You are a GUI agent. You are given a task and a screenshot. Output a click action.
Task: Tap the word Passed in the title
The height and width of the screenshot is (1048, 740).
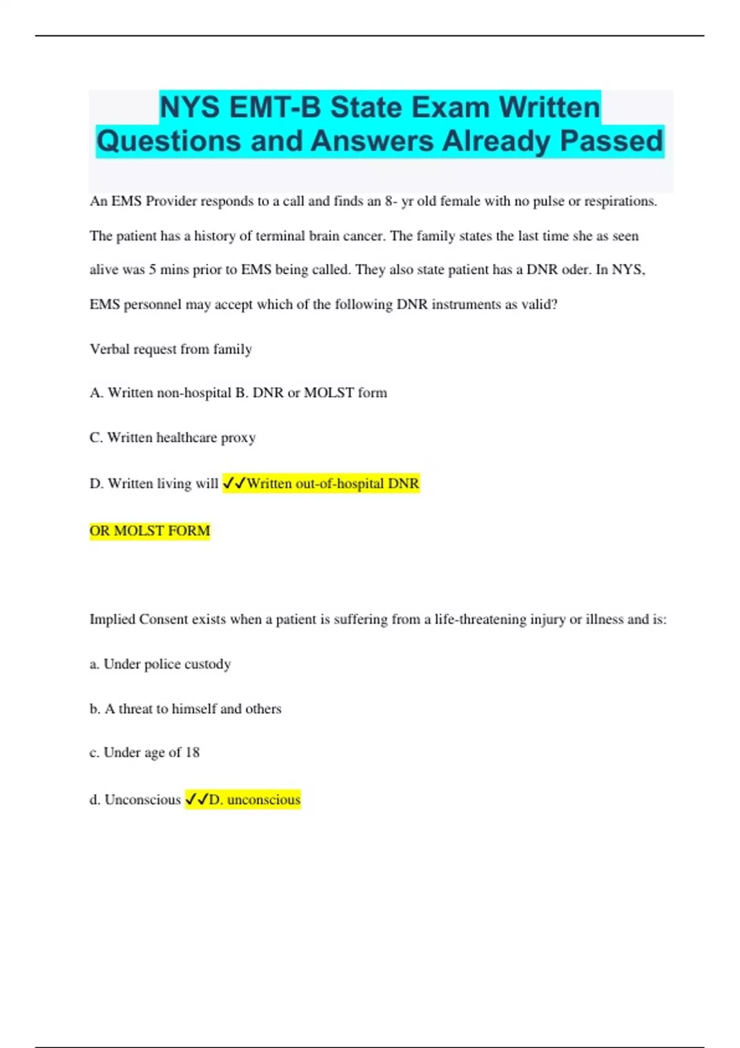click(611, 141)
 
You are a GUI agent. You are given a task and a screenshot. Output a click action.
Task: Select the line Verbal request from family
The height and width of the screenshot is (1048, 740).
click(171, 349)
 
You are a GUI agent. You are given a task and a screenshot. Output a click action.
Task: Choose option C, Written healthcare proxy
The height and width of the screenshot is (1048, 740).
click(173, 437)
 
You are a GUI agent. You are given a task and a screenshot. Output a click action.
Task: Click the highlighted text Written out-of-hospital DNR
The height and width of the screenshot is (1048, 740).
click(332, 483)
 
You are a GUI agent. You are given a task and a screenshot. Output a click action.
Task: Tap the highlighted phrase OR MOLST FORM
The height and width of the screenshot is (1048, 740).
click(150, 531)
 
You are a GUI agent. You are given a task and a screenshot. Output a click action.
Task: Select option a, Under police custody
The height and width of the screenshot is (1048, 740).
click(160, 664)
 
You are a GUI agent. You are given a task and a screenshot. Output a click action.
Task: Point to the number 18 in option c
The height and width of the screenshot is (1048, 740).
click(192, 752)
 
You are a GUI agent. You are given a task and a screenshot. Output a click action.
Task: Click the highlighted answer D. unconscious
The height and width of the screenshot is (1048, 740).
click(254, 800)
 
